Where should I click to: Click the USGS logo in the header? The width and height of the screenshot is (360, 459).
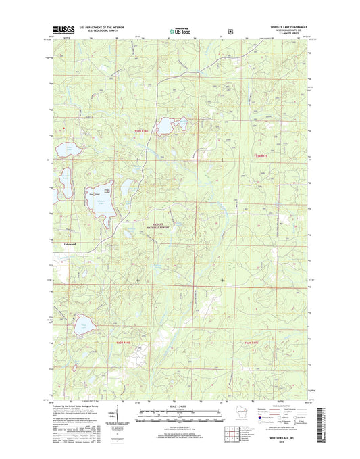(61, 30)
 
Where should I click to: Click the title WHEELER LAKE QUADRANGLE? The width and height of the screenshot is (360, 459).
(281, 26)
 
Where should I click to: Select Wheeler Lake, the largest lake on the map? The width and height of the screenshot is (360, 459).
(99, 199)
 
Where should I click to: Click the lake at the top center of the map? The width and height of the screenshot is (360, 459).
(167, 126)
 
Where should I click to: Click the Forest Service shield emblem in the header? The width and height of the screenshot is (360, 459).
(231, 30)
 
